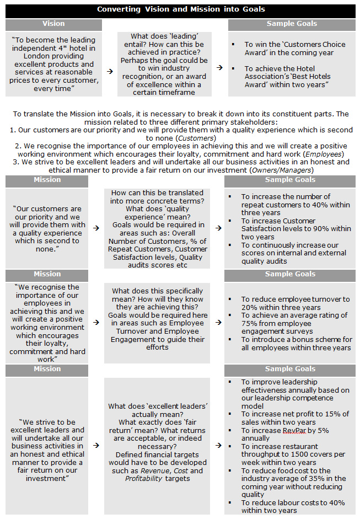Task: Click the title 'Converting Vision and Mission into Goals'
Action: point(181,9)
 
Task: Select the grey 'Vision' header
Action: point(53,24)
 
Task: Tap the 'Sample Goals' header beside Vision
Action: point(292,24)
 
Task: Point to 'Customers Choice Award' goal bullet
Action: point(294,49)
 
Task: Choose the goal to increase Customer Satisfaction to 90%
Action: point(295,228)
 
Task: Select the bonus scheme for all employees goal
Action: point(295,343)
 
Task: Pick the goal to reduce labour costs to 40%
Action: point(292,507)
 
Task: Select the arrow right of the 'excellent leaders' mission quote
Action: point(96,445)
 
